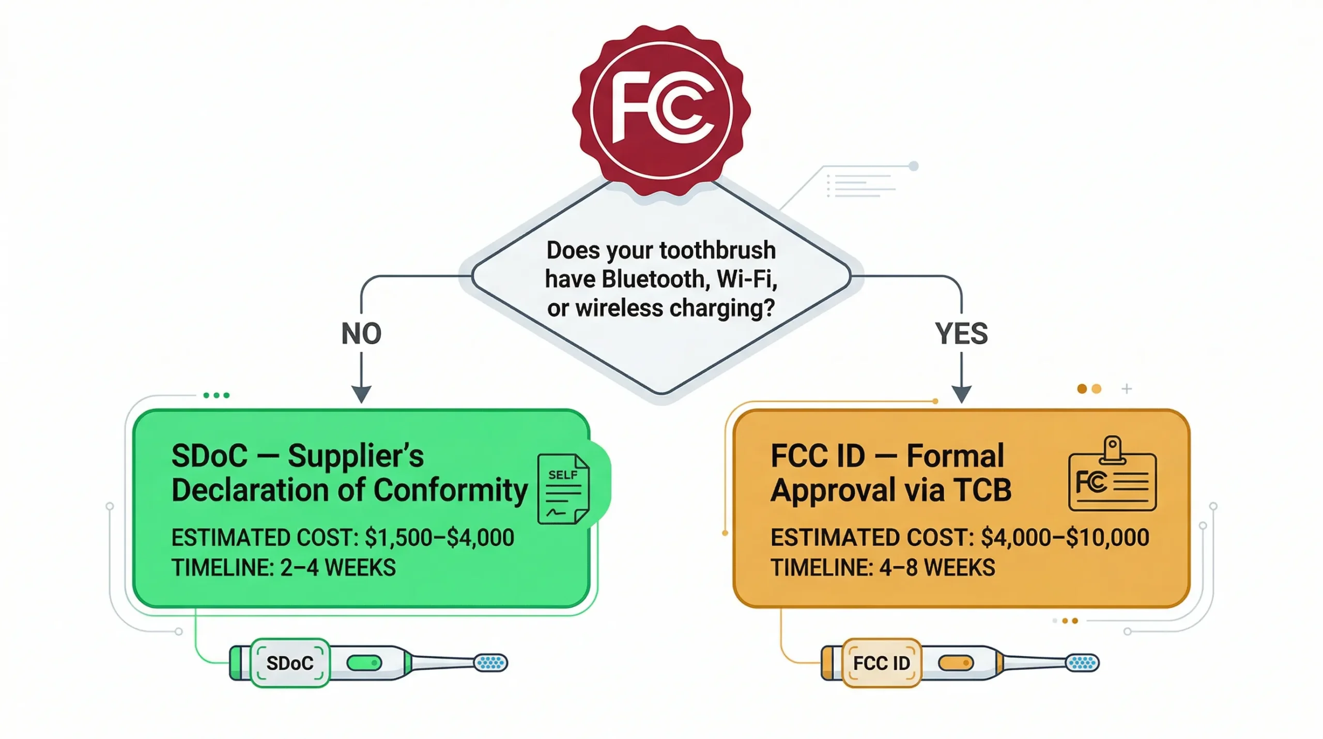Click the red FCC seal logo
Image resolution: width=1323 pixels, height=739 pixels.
pos(661,110)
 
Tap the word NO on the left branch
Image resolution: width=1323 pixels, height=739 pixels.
pos(361,334)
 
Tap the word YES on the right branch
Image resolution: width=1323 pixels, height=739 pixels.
pos(961,334)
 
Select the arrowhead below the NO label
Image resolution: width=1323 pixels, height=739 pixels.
pos(361,394)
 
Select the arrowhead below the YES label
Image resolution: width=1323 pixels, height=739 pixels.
pos(961,394)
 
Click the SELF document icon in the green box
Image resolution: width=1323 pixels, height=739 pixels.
pos(563,489)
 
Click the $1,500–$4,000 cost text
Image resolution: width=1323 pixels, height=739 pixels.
pos(439,537)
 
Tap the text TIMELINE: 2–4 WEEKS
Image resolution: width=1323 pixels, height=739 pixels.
pos(283,568)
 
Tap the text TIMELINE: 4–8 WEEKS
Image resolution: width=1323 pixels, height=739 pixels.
pos(883,568)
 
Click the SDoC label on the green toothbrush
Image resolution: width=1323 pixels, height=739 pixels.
pos(290,663)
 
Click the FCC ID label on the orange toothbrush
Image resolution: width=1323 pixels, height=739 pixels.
pos(882,663)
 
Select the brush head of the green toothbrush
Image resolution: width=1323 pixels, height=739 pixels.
pos(491,662)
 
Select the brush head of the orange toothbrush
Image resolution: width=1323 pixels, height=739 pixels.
pos(1083,662)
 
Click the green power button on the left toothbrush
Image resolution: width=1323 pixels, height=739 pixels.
pos(364,662)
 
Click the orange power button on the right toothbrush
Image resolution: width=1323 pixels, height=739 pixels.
pos(956,662)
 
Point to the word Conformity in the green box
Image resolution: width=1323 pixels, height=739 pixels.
pos(450,490)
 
